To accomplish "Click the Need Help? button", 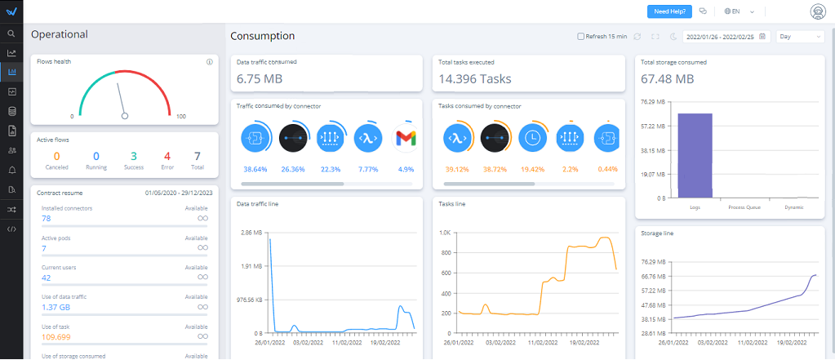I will [669, 11].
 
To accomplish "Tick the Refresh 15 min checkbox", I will [580, 36].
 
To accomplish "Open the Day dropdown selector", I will [800, 36].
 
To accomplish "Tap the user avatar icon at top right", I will [816, 11].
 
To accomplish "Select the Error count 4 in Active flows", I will [167, 156].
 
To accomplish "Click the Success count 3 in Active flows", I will [133, 156].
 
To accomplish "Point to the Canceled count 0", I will [56, 156].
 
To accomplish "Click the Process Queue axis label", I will [744, 207].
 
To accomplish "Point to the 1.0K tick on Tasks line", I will [445, 233].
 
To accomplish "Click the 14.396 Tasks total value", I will [475, 79].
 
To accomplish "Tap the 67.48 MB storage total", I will [668, 79].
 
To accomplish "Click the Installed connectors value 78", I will [47, 219].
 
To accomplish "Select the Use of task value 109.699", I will [56, 336].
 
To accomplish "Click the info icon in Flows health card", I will [210, 61].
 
